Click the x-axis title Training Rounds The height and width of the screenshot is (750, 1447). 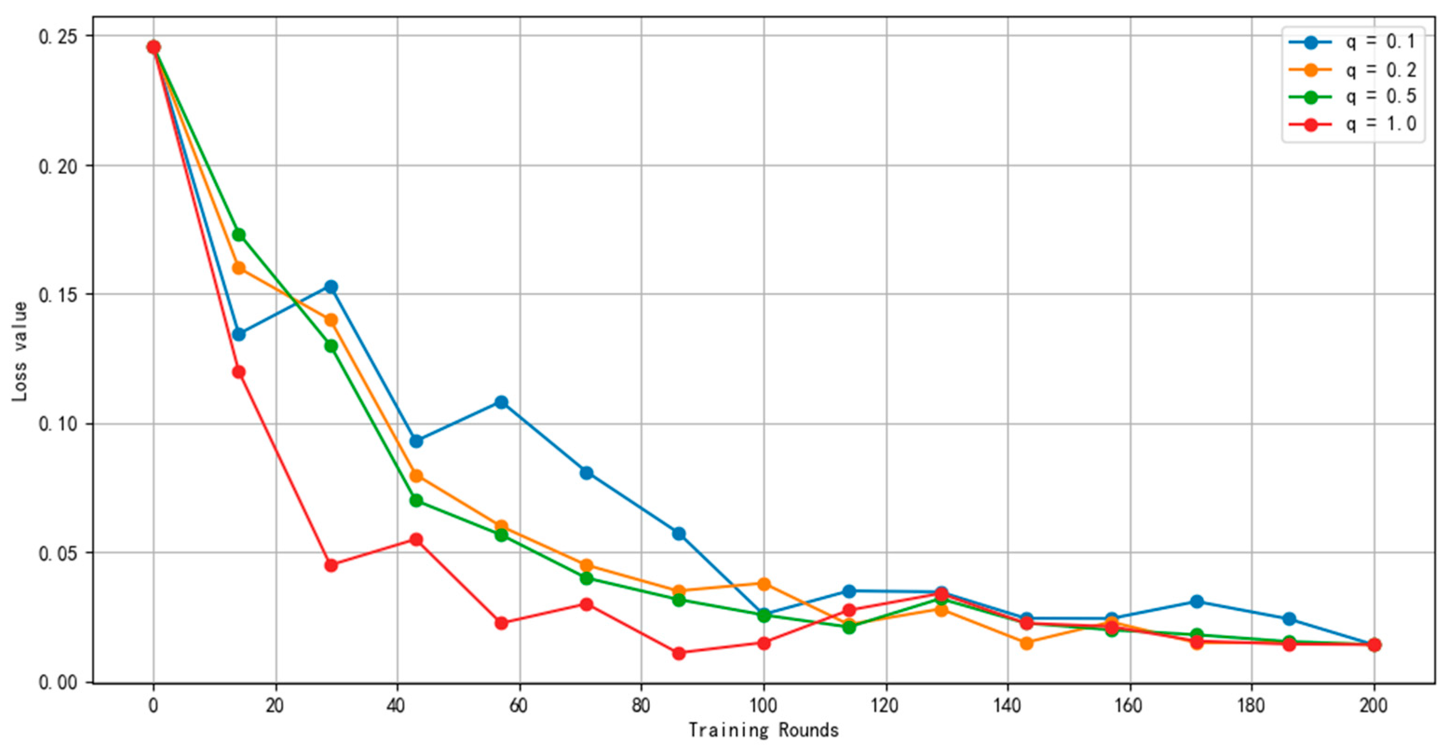click(764, 730)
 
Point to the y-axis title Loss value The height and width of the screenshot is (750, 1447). click(20, 351)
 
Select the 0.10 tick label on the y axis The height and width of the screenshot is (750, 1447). click(60, 424)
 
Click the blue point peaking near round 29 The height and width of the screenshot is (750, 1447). click(331, 287)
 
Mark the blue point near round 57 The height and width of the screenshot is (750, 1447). click(501, 402)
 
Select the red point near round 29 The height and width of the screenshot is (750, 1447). click(331, 565)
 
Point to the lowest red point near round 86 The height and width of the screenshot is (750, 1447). click(678, 653)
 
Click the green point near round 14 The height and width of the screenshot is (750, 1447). click(239, 234)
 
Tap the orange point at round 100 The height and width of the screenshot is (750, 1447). click(764, 584)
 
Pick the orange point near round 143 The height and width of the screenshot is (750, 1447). click(1026, 643)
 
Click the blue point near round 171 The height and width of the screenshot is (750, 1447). click(1197, 601)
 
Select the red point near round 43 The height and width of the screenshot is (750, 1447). click(416, 540)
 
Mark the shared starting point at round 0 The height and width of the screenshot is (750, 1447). click(153, 47)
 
